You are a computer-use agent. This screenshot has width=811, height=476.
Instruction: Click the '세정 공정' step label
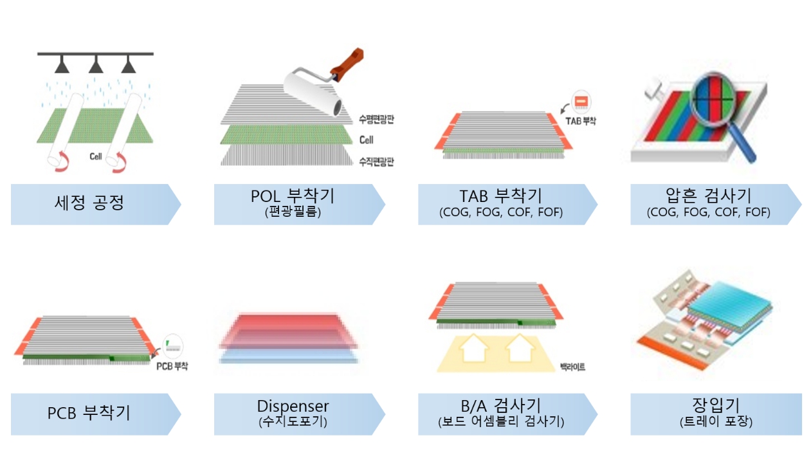pyautogui.click(x=89, y=202)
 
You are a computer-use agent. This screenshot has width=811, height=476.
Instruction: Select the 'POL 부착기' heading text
pyautogui.click(x=293, y=196)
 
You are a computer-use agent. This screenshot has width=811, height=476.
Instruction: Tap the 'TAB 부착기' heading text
pyautogui.click(x=501, y=196)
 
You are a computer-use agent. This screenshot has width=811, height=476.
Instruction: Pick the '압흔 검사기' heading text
pyautogui.click(x=709, y=196)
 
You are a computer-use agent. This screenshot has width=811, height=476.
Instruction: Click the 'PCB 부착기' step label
pyautogui.click(x=89, y=413)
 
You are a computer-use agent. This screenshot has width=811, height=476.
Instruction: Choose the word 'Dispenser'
pyautogui.click(x=293, y=406)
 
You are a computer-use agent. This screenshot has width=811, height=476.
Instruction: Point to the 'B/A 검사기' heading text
pyautogui.click(x=501, y=406)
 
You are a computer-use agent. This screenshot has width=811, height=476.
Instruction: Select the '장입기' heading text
pyautogui.click(x=716, y=405)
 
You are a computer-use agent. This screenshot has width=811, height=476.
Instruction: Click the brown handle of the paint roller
pyautogui.click(x=347, y=64)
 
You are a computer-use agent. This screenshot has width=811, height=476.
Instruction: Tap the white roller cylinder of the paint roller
pyautogui.click(x=313, y=92)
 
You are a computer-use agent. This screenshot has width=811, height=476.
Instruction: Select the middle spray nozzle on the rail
pyautogui.click(x=96, y=64)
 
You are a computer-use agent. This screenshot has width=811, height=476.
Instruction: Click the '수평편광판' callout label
pyautogui.click(x=376, y=120)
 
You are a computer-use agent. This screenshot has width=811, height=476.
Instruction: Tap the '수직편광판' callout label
pyautogui.click(x=376, y=161)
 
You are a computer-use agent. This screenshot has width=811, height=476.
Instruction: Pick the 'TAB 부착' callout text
pyautogui.click(x=580, y=121)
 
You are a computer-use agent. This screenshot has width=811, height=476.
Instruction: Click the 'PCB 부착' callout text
pyautogui.click(x=172, y=366)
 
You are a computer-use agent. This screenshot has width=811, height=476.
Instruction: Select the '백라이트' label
pyautogui.click(x=572, y=367)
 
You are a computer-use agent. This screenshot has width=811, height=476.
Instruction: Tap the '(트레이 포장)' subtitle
pyautogui.click(x=716, y=421)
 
